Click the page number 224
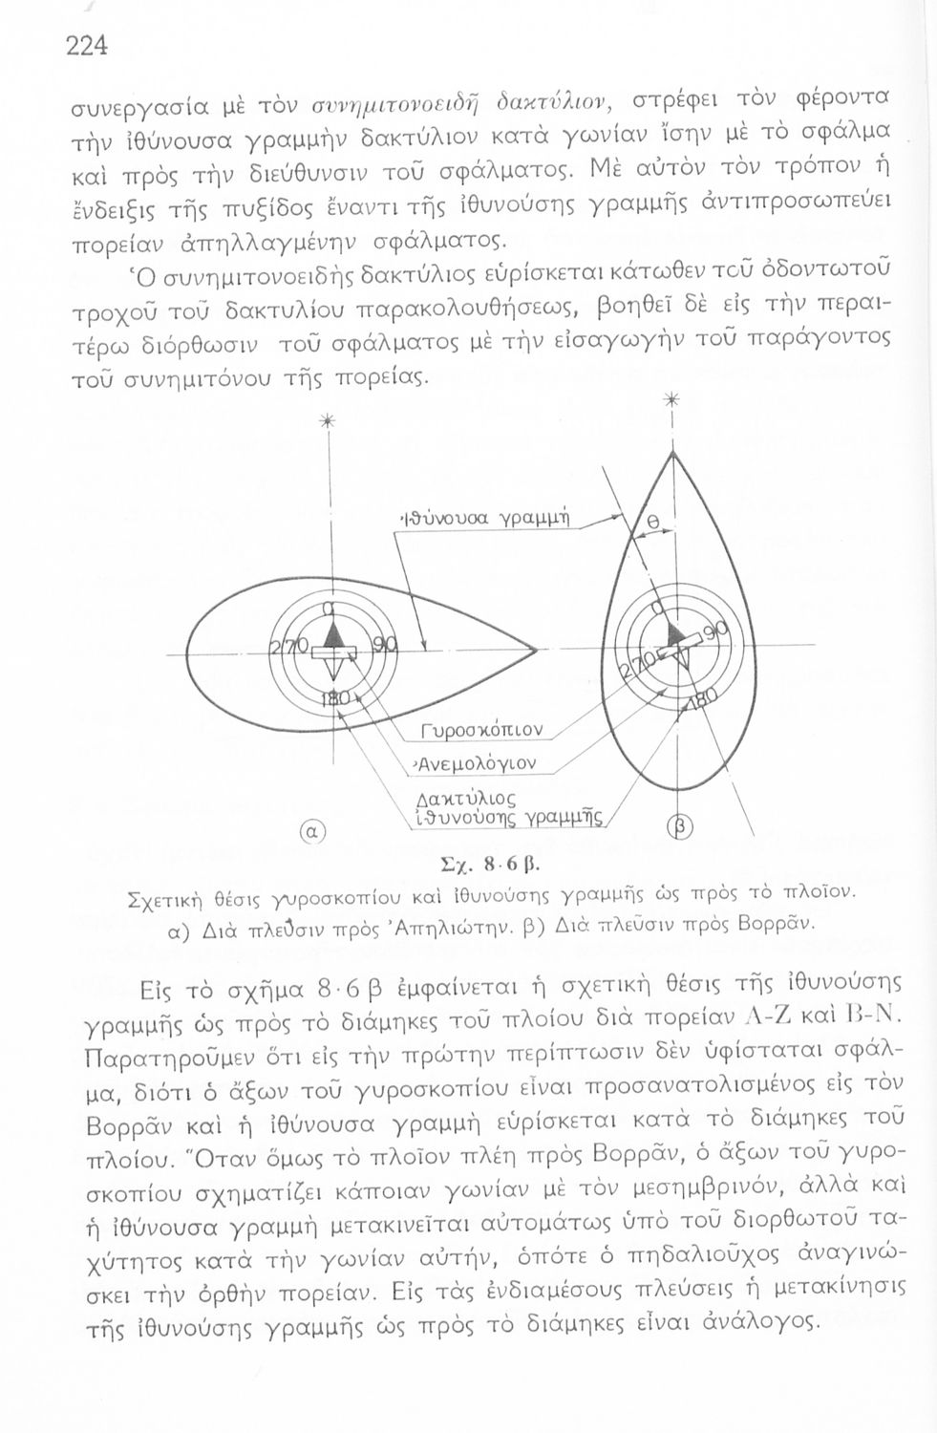pos(86,45)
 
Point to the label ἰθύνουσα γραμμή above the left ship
pos(485,520)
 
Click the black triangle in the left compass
pos(331,634)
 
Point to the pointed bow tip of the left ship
pos(536,652)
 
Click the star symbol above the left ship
pos(328,421)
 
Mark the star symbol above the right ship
pos(672,401)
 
